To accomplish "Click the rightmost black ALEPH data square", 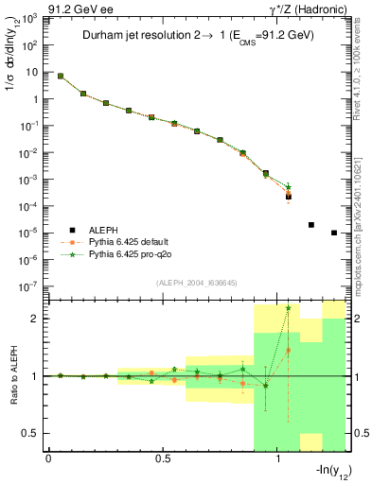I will point(334,233).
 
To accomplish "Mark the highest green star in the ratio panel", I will point(289,307).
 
